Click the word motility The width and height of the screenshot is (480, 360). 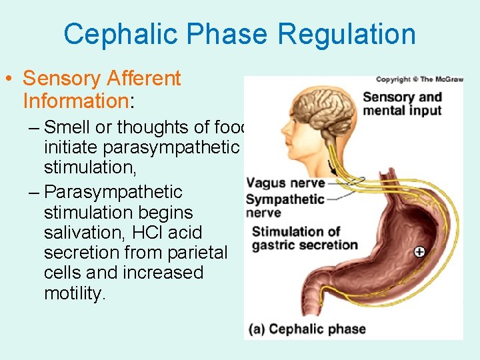click(x=74, y=293)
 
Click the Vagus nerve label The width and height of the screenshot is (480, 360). click(x=285, y=183)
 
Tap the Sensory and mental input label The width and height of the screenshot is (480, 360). click(x=402, y=104)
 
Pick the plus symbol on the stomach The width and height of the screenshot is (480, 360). click(x=419, y=252)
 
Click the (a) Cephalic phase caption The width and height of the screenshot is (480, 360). click(x=307, y=329)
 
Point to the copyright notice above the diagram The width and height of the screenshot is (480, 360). click(x=419, y=79)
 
